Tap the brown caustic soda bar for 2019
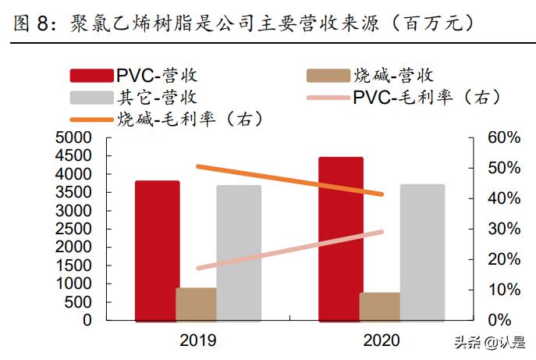click(197, 304)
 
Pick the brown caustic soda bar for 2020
click(380, 306)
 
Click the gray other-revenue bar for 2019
click(239, 252)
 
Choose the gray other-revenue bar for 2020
click(422, 252)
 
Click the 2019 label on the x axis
click(197, 340)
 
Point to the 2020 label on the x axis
click(381, 340)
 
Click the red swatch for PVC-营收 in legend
click(91, 76)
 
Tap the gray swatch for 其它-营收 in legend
click(91, 98)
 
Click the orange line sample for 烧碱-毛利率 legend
click(91, 119)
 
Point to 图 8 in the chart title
click(31, 23)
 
